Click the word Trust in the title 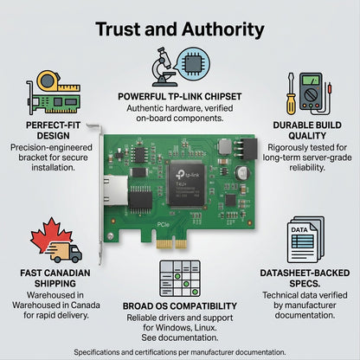point(119,29)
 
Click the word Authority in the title point(222,29)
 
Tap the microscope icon point(164,67)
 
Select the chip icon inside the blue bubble point(193,65)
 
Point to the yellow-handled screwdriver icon point(291,94)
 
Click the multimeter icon point(312,92)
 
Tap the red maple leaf point(51,235)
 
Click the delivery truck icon point(65,252)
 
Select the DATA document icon point(305,240)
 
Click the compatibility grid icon point(180,279)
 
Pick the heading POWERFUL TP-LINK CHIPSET point(180,97)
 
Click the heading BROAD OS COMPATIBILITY point(180,306)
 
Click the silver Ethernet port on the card point(115,190)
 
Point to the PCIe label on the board point(163,224)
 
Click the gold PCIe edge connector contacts point(172,244)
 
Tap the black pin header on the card point(248,149)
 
